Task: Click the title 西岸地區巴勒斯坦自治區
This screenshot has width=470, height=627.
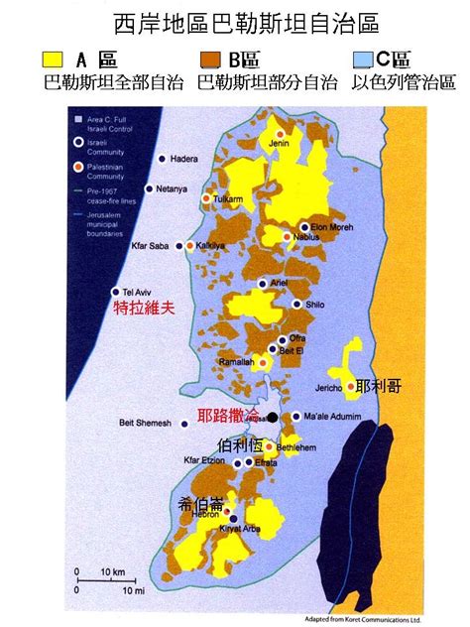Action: tap(234, 21)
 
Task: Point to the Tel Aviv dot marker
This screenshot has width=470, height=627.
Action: tap(116, 292)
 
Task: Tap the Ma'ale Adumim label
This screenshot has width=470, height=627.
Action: tap(333, 417)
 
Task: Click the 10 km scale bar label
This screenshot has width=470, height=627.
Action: tap(111, 572)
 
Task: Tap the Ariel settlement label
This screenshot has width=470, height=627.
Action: tap(279, 283)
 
